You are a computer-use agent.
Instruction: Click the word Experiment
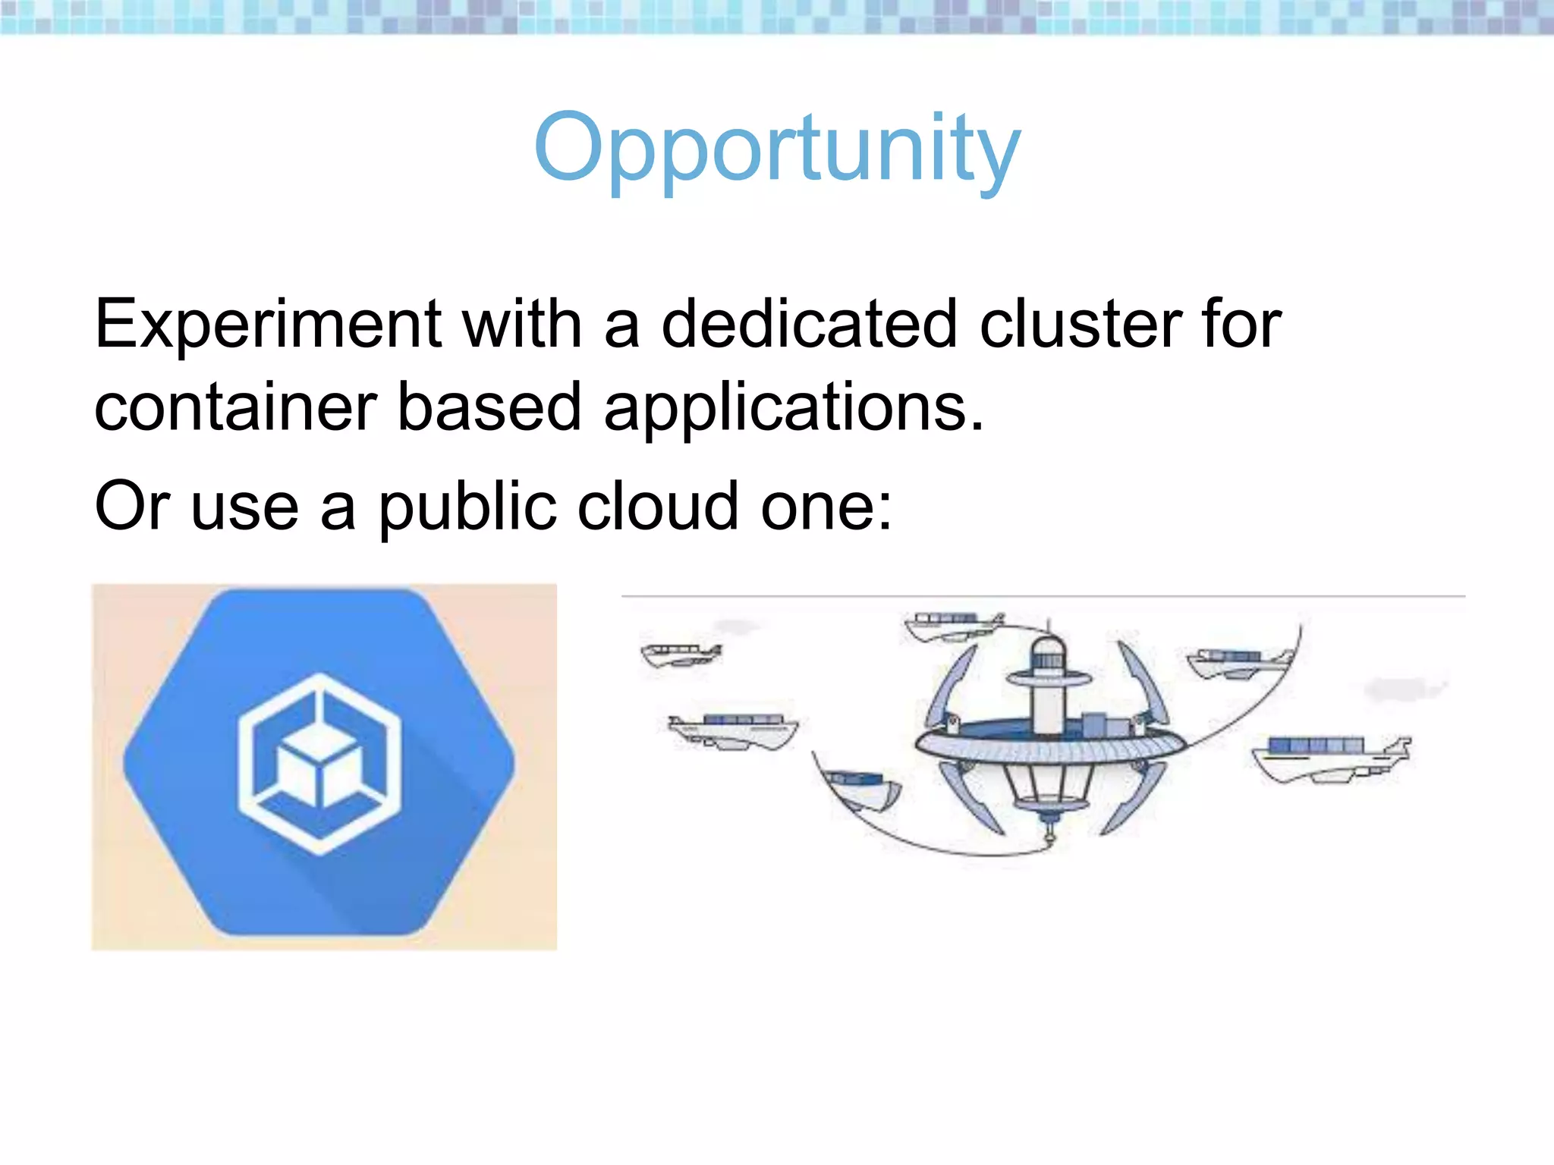(268, 325)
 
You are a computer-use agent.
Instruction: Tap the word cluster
(1081, 325)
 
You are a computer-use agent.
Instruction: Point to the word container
(235, 408)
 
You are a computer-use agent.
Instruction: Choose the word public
(467, 507)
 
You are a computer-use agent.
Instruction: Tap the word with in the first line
(522, 325)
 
